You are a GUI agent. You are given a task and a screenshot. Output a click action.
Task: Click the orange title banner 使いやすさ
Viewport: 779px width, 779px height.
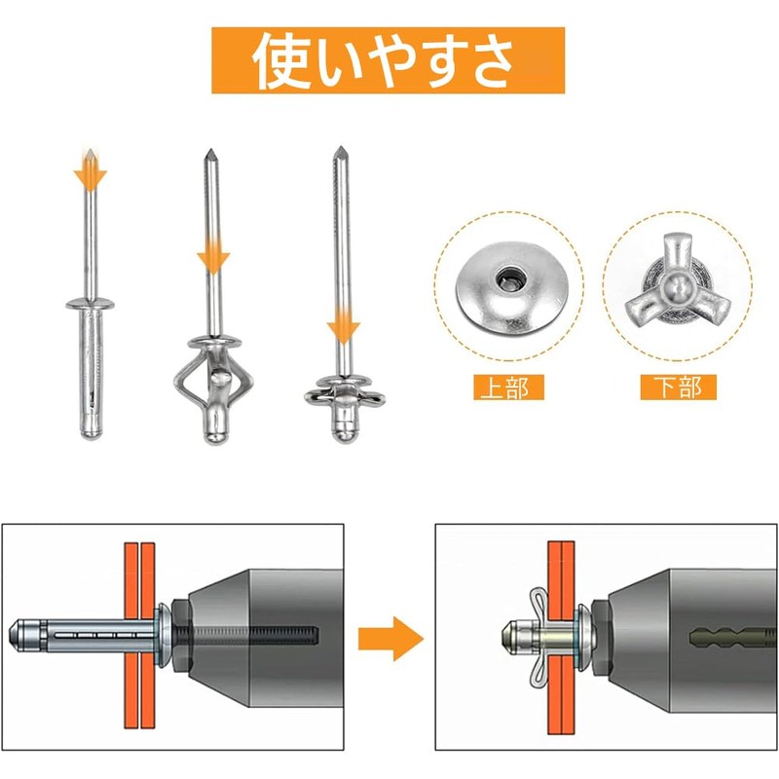coord(388,60)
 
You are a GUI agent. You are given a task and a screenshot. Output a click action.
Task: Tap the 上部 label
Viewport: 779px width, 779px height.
coord(508,388)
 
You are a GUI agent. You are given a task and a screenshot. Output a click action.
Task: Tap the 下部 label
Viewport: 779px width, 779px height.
coord(678,388)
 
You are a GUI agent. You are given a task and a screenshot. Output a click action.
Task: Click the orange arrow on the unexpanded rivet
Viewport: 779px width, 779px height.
coord(90,171)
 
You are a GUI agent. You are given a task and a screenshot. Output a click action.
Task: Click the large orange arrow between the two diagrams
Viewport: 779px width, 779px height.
coord(391,639)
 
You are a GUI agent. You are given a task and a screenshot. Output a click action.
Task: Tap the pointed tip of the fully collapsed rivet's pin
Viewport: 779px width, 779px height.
coord(340,148)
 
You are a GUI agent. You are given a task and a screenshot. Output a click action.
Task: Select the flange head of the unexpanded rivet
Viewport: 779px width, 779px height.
coord(90,304)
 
